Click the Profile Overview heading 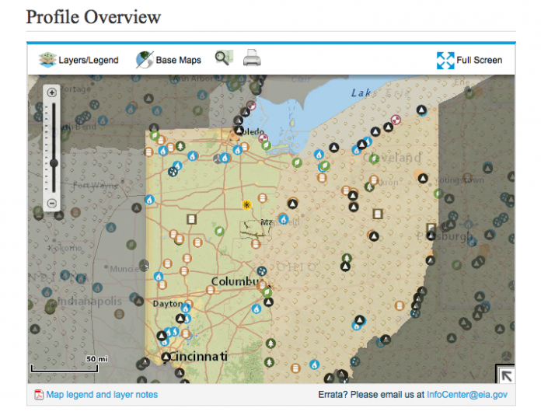(94, 16)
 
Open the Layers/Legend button (79, 60)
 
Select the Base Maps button (169, 60)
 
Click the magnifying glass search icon (224, 58)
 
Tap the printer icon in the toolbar (252, 58)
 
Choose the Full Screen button (469, 60)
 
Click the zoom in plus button (52, 92)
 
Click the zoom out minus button (52, 203)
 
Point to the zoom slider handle (53, 163)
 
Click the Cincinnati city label (194, 356)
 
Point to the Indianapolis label (86, 301)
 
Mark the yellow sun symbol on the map (246, 205)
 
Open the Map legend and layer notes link (102, 395)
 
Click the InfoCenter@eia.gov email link (467, 395)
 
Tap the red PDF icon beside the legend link (38, 395)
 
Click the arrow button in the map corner (505, 375)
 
